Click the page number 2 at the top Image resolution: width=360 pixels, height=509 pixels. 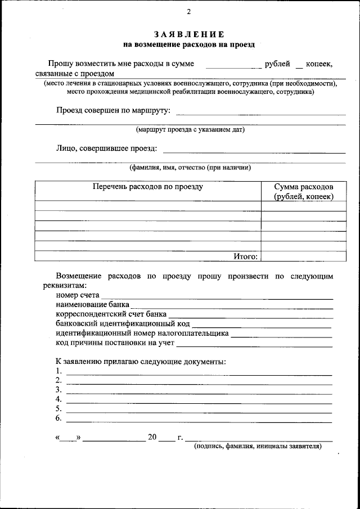pos(189,12)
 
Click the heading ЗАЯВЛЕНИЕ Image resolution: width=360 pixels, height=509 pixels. pos(189,35)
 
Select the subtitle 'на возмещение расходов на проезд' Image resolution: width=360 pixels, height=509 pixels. pos(189,44)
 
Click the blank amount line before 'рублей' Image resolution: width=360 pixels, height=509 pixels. pos(233,65)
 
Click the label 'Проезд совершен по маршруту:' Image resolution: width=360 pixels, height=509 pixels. pos(113,110)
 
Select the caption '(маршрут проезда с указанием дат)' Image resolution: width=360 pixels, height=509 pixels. pos(190,129)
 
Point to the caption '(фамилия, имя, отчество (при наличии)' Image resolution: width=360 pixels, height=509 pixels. pos(190,167)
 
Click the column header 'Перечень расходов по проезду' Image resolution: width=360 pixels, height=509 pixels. pos(148,187)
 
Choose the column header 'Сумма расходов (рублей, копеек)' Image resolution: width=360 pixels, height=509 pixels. pos(304,191)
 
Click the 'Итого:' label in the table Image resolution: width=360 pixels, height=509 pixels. pos(246,256)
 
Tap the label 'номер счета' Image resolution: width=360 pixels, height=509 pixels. pos(78,294)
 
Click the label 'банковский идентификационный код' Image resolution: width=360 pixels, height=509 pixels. pos(123,323)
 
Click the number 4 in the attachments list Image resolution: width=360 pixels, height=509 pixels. pos(58,399)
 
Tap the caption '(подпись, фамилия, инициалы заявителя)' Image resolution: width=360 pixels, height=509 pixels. pos(258,446)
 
